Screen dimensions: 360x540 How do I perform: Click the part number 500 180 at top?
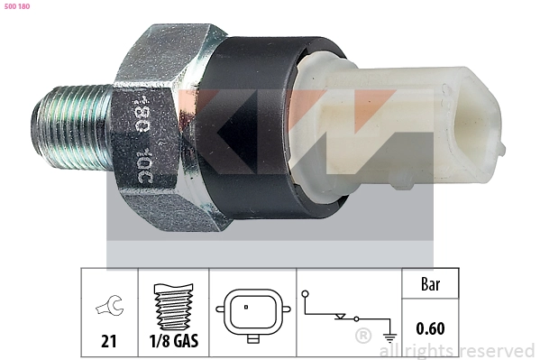coord(18,7)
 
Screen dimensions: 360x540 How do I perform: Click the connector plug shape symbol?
coord(252,312)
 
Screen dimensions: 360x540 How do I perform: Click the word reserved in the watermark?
coord(498,350)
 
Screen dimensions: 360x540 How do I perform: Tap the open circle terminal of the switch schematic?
coord(307,293)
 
